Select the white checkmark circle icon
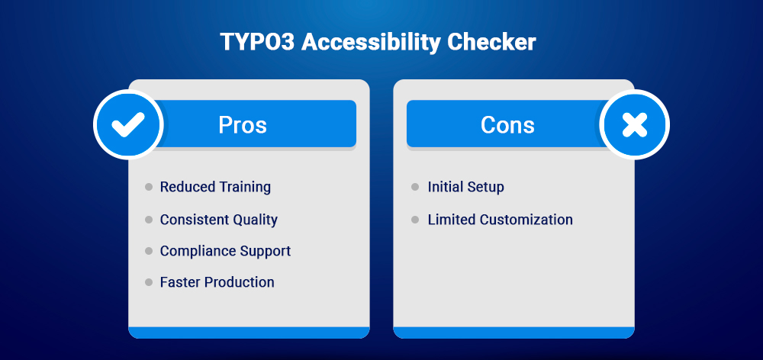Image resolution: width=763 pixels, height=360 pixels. click(128, 124)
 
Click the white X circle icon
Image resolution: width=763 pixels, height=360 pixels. click(634, 124)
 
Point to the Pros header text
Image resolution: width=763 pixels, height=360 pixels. click(243, 124)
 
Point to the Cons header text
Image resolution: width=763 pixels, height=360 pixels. click(507, 124)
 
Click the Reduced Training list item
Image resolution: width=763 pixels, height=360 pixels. click(215, 187)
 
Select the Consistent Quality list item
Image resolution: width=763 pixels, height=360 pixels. click(218, 220)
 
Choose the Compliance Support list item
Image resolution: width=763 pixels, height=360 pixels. click(225, 251)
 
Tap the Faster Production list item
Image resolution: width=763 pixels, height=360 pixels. click(217, 282)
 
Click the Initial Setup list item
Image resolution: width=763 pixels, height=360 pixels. click(465, 187)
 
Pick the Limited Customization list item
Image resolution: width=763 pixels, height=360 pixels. click(500, 220)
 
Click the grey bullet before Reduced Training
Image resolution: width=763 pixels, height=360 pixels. click(149, 187)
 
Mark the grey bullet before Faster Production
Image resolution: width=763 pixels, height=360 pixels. click(149, 282)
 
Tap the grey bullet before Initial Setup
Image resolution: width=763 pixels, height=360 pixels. click(415, 187)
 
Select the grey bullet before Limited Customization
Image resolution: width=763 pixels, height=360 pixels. click(415, 220)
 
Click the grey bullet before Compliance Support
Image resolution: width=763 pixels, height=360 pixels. click(149, 251)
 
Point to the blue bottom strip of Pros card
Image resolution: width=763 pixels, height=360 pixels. click(249, 332)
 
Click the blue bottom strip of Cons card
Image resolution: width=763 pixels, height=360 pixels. click(513, 332)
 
